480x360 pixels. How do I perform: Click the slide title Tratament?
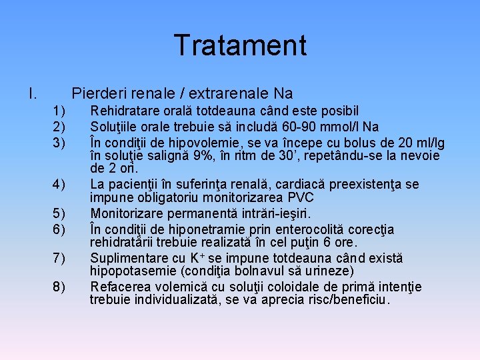(x=240, y=45)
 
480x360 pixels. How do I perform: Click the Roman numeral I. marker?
(x=33, y=93)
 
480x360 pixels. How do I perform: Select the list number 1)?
(x=59, y=111)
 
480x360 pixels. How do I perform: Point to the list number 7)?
(x=59, y=258)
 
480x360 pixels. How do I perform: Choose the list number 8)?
(x=59, y=287)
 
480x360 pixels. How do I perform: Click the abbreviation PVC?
(x=301, y=198)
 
